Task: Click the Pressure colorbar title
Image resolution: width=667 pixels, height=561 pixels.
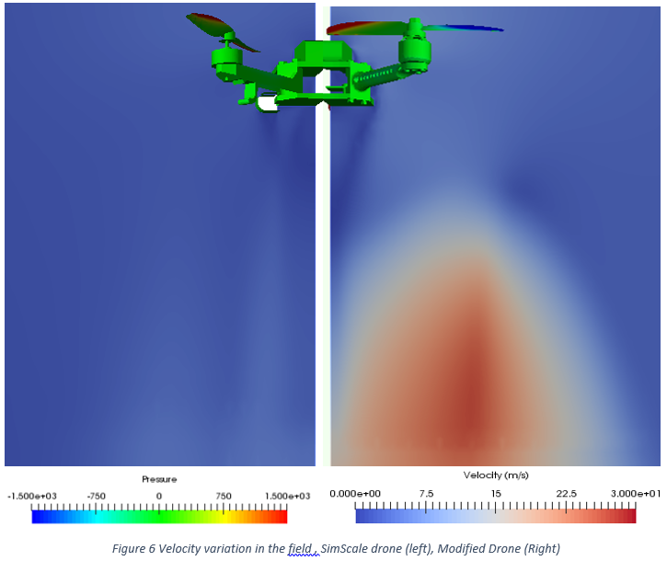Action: (x=159, y=479)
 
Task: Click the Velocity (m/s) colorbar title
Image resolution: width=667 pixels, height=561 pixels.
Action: (x=496, y=475)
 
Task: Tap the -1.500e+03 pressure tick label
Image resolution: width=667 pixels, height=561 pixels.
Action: (x=32, y=497)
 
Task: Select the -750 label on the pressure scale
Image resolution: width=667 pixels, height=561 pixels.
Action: (x=96, y=497)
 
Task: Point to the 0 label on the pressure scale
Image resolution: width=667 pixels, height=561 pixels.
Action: (x=158, y=496)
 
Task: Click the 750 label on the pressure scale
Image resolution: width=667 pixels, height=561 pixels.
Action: (x=224, y=496)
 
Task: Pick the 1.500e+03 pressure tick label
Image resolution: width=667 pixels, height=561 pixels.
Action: (x=288, y=497)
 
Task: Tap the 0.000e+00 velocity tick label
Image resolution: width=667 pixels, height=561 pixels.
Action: (x=355, y=494)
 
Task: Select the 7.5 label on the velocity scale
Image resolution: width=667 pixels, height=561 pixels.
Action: (x=426, y=494)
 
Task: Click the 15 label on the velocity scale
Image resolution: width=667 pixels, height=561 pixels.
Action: (x=496, y=494)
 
